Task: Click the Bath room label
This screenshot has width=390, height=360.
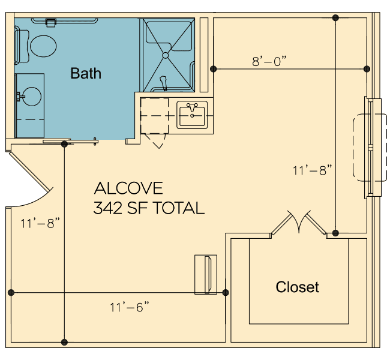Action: pyautogui.click(x=86, y=73)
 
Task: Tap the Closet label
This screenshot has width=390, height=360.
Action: pyautogui.click(x=297, y=287)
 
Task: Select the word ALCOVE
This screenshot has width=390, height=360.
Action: pyautogui.click(x=128, y=188)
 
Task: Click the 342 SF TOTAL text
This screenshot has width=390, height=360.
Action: pyautogui.click(x=149, y=208)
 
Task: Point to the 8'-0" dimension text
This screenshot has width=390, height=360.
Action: pyautogui.click(x=269, y=61)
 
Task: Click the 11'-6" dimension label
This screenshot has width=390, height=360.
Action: pyautogui.click(x=130, y=307)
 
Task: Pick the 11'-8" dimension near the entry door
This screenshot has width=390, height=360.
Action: pyautogui.click(x=40, y=223)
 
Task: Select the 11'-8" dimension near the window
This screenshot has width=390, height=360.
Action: pyautogui.click(x=313, y=170)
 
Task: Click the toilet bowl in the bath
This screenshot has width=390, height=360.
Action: pyautogui.click(x=43, y=46)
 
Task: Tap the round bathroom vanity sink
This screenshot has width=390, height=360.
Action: pyautogui.click(x=32, y=97)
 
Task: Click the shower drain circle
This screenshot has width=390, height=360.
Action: pyautogui.click(x=166, y=55)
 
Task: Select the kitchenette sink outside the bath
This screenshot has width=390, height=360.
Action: pyautogui.click(x=192, y=115)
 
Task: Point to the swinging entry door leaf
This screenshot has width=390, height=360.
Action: pyautogui.click(x=30, y=170)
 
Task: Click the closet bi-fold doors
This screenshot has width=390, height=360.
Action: pyautogui.click(x=299, y=222)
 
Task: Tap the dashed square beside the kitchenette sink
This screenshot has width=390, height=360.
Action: pyautogui.click(x=154, y=116)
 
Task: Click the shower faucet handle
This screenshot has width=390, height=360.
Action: pyautogui.click(x=163, y=83)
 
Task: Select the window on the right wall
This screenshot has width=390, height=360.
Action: pyautogui.click(x=373, y=147)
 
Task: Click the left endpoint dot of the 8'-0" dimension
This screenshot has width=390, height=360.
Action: pyautogui.click(x=213, y=68)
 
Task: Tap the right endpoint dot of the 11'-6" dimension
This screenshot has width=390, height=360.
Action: pyautogui.click(x=226, y=293)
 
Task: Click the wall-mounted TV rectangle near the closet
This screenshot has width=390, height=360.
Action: pyautogui.click(x=206, y=274)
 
